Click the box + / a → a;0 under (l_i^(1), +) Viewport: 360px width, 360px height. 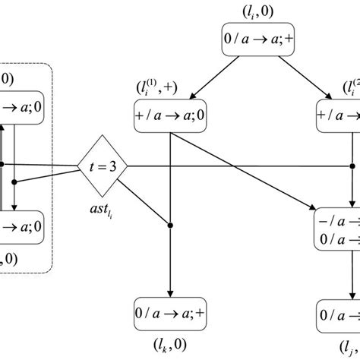(169, 115)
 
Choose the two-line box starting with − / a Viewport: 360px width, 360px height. (337, 227)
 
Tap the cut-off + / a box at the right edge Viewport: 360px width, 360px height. (338, 115)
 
